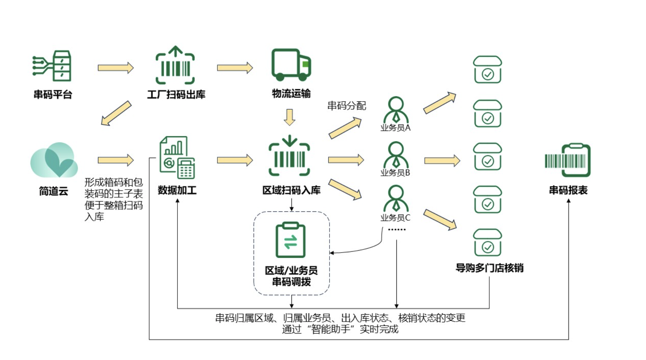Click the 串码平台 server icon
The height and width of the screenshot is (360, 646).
(53, 66)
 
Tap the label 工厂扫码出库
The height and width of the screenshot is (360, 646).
(176, 94)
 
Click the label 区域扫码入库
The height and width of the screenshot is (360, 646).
(291, 190)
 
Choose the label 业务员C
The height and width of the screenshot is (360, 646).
(395, 218)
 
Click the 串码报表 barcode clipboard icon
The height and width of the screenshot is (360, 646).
(568, 160)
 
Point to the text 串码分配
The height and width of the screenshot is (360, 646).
(346, 106)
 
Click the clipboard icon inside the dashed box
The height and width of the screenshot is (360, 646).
(291, 240)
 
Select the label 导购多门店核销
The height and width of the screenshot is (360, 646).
(489, 268)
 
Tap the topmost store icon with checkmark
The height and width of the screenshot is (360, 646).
(487, 69)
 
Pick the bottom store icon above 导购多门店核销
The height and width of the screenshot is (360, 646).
(487, 242)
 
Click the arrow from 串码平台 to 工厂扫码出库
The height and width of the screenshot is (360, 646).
(116, 68)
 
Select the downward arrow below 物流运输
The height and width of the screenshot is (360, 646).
(290, 117)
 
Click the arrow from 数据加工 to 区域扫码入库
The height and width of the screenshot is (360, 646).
(235, 160)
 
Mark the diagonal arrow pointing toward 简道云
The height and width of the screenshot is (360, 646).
(116, 113)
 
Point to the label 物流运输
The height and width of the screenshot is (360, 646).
(291, 93)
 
